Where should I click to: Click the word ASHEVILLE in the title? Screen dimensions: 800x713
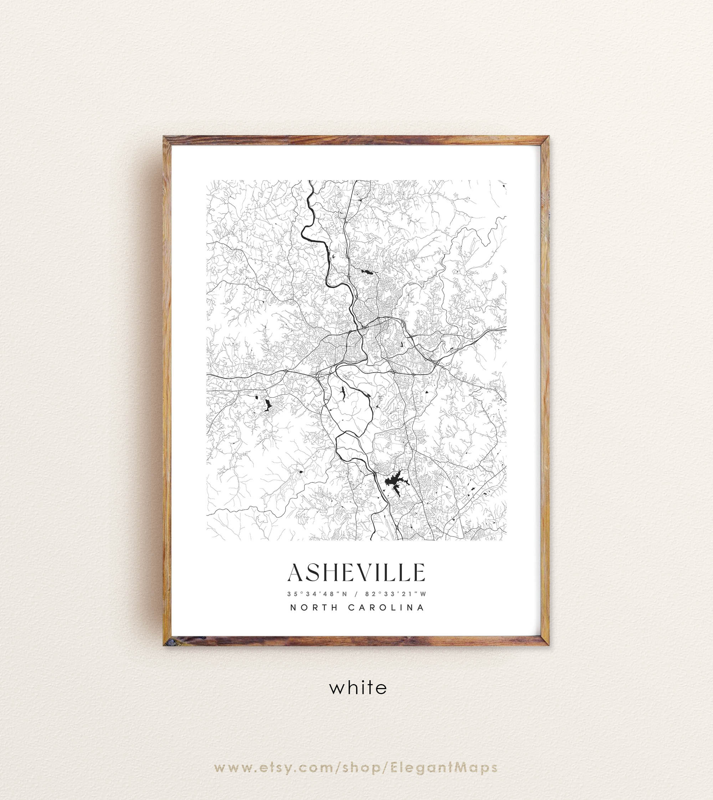356,573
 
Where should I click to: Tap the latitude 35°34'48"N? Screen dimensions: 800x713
317,594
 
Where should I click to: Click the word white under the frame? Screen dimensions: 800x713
358,688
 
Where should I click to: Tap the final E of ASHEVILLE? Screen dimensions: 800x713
419,573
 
